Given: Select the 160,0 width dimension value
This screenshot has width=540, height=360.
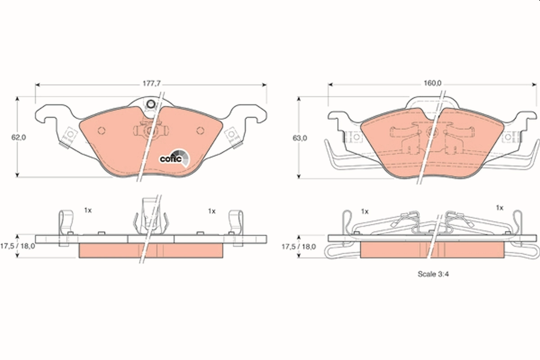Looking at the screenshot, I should point(432,83).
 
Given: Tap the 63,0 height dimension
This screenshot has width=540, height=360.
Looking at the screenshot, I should point(300,138).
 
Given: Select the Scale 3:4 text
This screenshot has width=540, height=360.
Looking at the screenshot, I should point(433,273).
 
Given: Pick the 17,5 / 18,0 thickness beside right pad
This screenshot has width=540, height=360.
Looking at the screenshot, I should point(299,247).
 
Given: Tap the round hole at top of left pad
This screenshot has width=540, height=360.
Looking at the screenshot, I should point(151,105).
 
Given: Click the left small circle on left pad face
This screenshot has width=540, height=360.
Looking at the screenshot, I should point(101,130).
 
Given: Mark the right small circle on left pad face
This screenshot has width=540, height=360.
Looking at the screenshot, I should point(201,130).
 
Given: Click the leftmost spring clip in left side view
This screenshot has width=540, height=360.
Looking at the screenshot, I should point(66,223).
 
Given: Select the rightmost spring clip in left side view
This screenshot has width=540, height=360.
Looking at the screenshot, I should point(236,223).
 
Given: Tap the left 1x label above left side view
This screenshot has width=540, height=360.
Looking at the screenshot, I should point(88,210).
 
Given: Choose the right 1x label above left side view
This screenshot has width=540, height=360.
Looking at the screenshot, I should point(211,210).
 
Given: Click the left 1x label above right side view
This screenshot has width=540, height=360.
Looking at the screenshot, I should point(364,211).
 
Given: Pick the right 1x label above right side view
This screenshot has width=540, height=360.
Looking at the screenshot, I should point(499,207).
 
